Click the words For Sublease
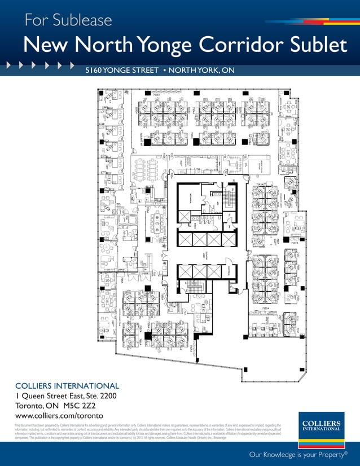coord(68,21)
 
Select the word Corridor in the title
coord(250,46)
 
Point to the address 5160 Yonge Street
coord(121,71)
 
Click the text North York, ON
coord(201,71)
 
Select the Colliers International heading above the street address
coord(67,386)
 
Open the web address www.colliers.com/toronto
coord(59,416)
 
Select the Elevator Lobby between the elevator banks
coord(208,255)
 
